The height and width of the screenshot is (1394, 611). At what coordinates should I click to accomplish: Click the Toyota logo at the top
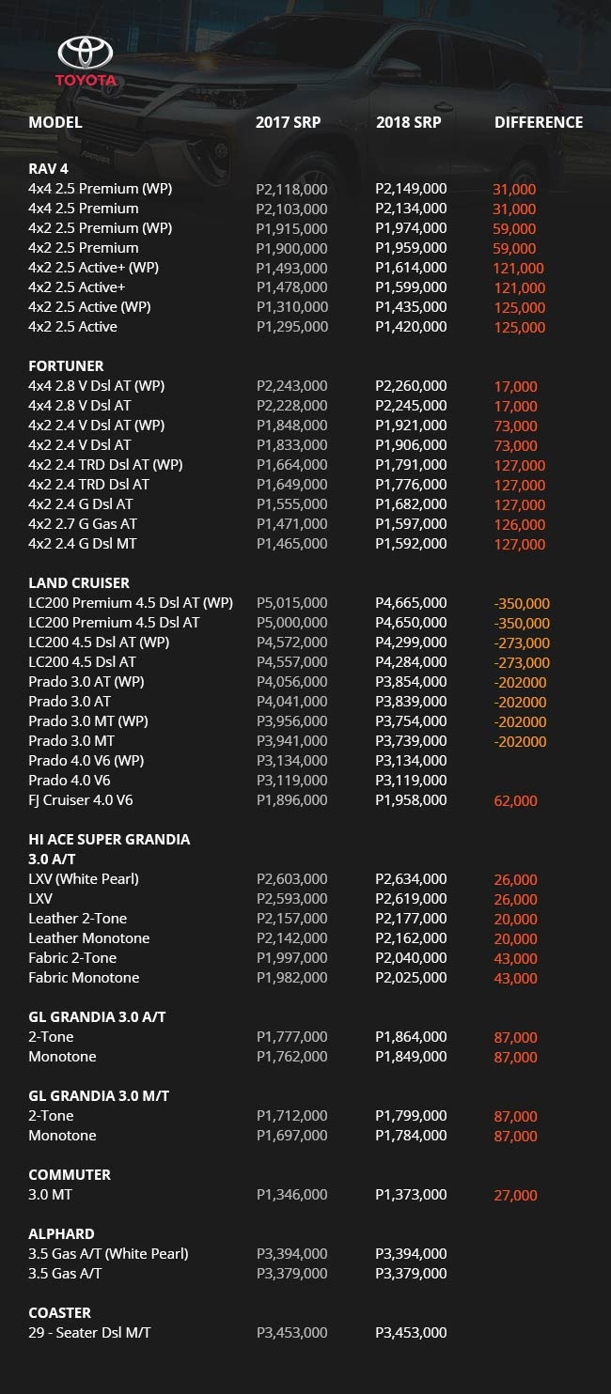86,62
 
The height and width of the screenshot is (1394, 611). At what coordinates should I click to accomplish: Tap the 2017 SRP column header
289,122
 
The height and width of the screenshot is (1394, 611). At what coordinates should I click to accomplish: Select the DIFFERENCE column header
539,122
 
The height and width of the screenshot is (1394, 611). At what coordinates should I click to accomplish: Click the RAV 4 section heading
48,169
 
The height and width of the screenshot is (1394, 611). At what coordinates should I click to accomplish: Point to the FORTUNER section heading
66,365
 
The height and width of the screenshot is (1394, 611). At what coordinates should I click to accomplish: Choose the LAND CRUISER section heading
79,582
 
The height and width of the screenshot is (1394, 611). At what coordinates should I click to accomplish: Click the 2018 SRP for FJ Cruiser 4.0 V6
411,800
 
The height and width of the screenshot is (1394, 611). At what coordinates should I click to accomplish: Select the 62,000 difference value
515,801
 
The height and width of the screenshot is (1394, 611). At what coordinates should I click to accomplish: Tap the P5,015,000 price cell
291,602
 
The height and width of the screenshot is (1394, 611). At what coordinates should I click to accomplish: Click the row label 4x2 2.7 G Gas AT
83,523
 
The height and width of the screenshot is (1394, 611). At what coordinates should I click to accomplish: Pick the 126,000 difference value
519,524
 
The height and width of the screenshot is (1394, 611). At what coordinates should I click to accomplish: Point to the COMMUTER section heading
70,1174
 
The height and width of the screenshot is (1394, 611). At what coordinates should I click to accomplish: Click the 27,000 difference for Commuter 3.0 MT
515,1195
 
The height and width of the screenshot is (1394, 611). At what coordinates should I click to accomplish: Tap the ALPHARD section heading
61,1233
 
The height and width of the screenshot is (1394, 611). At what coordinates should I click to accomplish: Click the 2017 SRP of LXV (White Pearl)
291,878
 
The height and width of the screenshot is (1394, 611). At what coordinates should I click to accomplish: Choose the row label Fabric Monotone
84,977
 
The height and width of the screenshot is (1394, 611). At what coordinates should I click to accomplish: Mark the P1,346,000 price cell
291,1194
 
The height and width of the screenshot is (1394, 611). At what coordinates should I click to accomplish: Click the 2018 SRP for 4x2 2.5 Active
411,327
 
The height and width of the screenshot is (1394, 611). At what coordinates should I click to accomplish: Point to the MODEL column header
55,122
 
